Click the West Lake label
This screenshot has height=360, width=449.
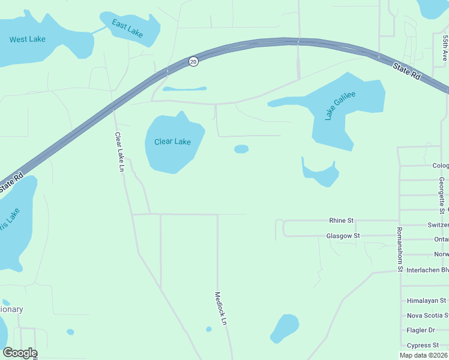[28, 40]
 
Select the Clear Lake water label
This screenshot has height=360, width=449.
[172, 142]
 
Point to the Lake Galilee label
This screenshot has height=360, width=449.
[340, 106]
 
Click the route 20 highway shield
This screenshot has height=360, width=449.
[193, 62]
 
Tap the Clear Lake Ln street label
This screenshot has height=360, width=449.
[119, 152]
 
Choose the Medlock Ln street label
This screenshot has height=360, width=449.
[221, 308]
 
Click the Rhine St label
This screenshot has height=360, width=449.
[341, 221]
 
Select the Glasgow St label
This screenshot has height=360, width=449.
[343, 236]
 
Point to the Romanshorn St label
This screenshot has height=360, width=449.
[399, 249]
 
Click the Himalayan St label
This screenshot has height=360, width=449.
[426, 301]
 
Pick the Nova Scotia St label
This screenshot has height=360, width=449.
[427, 316]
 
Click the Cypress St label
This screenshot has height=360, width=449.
[423, 345]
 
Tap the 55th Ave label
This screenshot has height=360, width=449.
[445, 47]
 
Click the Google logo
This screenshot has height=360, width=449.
[20, 353]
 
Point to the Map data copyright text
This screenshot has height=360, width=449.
[424, 355]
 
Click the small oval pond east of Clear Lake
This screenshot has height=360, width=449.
[241, 149]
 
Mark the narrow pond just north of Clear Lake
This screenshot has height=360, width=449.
[184, 89]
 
